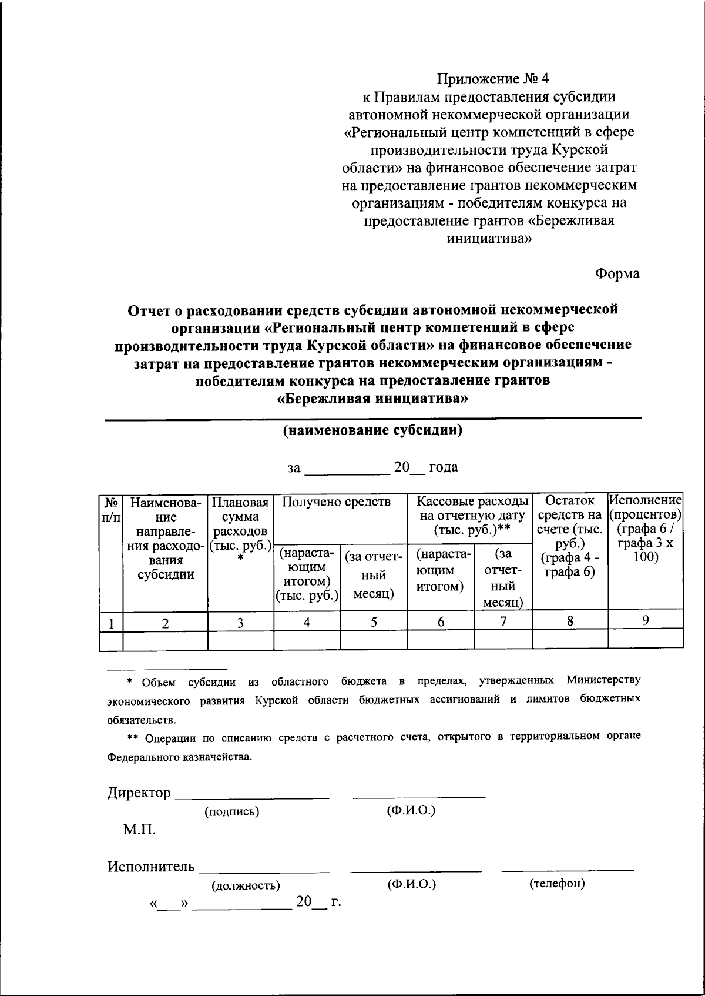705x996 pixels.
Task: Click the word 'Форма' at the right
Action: tap(617, 273)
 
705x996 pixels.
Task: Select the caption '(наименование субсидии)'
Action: tap(372, 430)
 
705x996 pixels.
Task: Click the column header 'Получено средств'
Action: tap(336, 502)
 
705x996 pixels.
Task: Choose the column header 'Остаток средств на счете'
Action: tap(569, 536)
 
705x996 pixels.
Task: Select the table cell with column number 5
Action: tap(374, 622)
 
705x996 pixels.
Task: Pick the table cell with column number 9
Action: tap(645, 620)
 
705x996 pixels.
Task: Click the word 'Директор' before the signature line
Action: tap(139, 793)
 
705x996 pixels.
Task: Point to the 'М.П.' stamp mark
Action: tap(139, 830)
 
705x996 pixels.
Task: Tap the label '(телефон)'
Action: tap(557, 884)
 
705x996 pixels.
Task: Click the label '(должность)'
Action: tap(246, 885)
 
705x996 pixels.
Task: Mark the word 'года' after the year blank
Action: tap(444, 467)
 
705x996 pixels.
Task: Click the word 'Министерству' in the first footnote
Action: tap(603, 681)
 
